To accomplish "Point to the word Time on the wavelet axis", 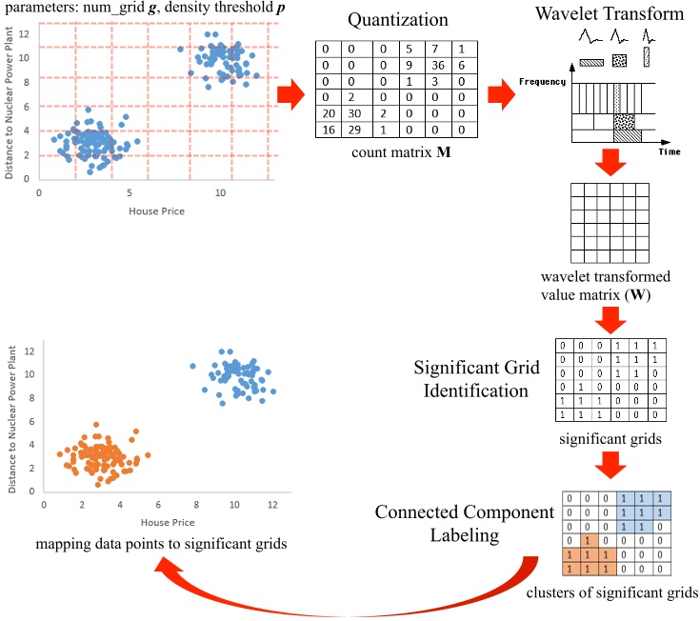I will [x=668, y=150].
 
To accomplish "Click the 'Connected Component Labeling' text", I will [x=464, y=524].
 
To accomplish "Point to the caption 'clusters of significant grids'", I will [x=611, y=591].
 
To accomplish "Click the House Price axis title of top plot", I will [x=155, y=210].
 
